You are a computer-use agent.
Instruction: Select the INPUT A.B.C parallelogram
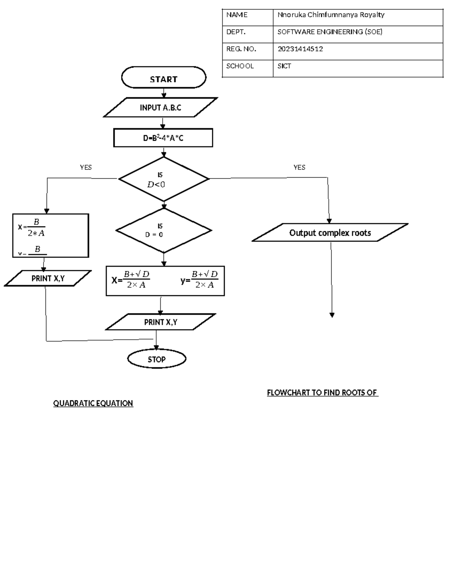(x=160, y=108)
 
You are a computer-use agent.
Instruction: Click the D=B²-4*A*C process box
(x=163, y=138)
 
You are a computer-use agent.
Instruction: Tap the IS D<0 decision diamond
(x=163, y=180)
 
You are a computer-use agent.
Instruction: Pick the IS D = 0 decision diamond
(x=163, y=231)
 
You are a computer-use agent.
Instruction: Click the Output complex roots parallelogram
(x=330, y=233)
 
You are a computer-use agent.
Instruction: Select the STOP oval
(x=157, y=359)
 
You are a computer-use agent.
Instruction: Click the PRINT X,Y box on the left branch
(x=48, y=279)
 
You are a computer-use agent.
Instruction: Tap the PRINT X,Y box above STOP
(x=160, y=322)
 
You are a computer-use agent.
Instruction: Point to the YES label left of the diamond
(x=86, y=167)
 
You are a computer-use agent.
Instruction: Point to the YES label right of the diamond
(x=299, y=167)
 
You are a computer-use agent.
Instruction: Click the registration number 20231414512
(x=300, y=49)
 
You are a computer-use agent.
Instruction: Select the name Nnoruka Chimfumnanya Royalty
(x=331, y=15)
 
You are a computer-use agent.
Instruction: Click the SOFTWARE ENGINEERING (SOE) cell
(x=330, y=32)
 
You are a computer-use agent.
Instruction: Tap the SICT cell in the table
(x=284, y=66)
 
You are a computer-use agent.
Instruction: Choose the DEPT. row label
(x=236, y=32)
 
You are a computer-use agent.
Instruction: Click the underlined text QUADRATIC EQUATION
(x=93, y=403)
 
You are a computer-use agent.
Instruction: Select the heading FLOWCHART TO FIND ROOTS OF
(x=322, y=393)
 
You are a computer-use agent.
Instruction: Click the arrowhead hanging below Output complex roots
(x=332, y=315)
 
